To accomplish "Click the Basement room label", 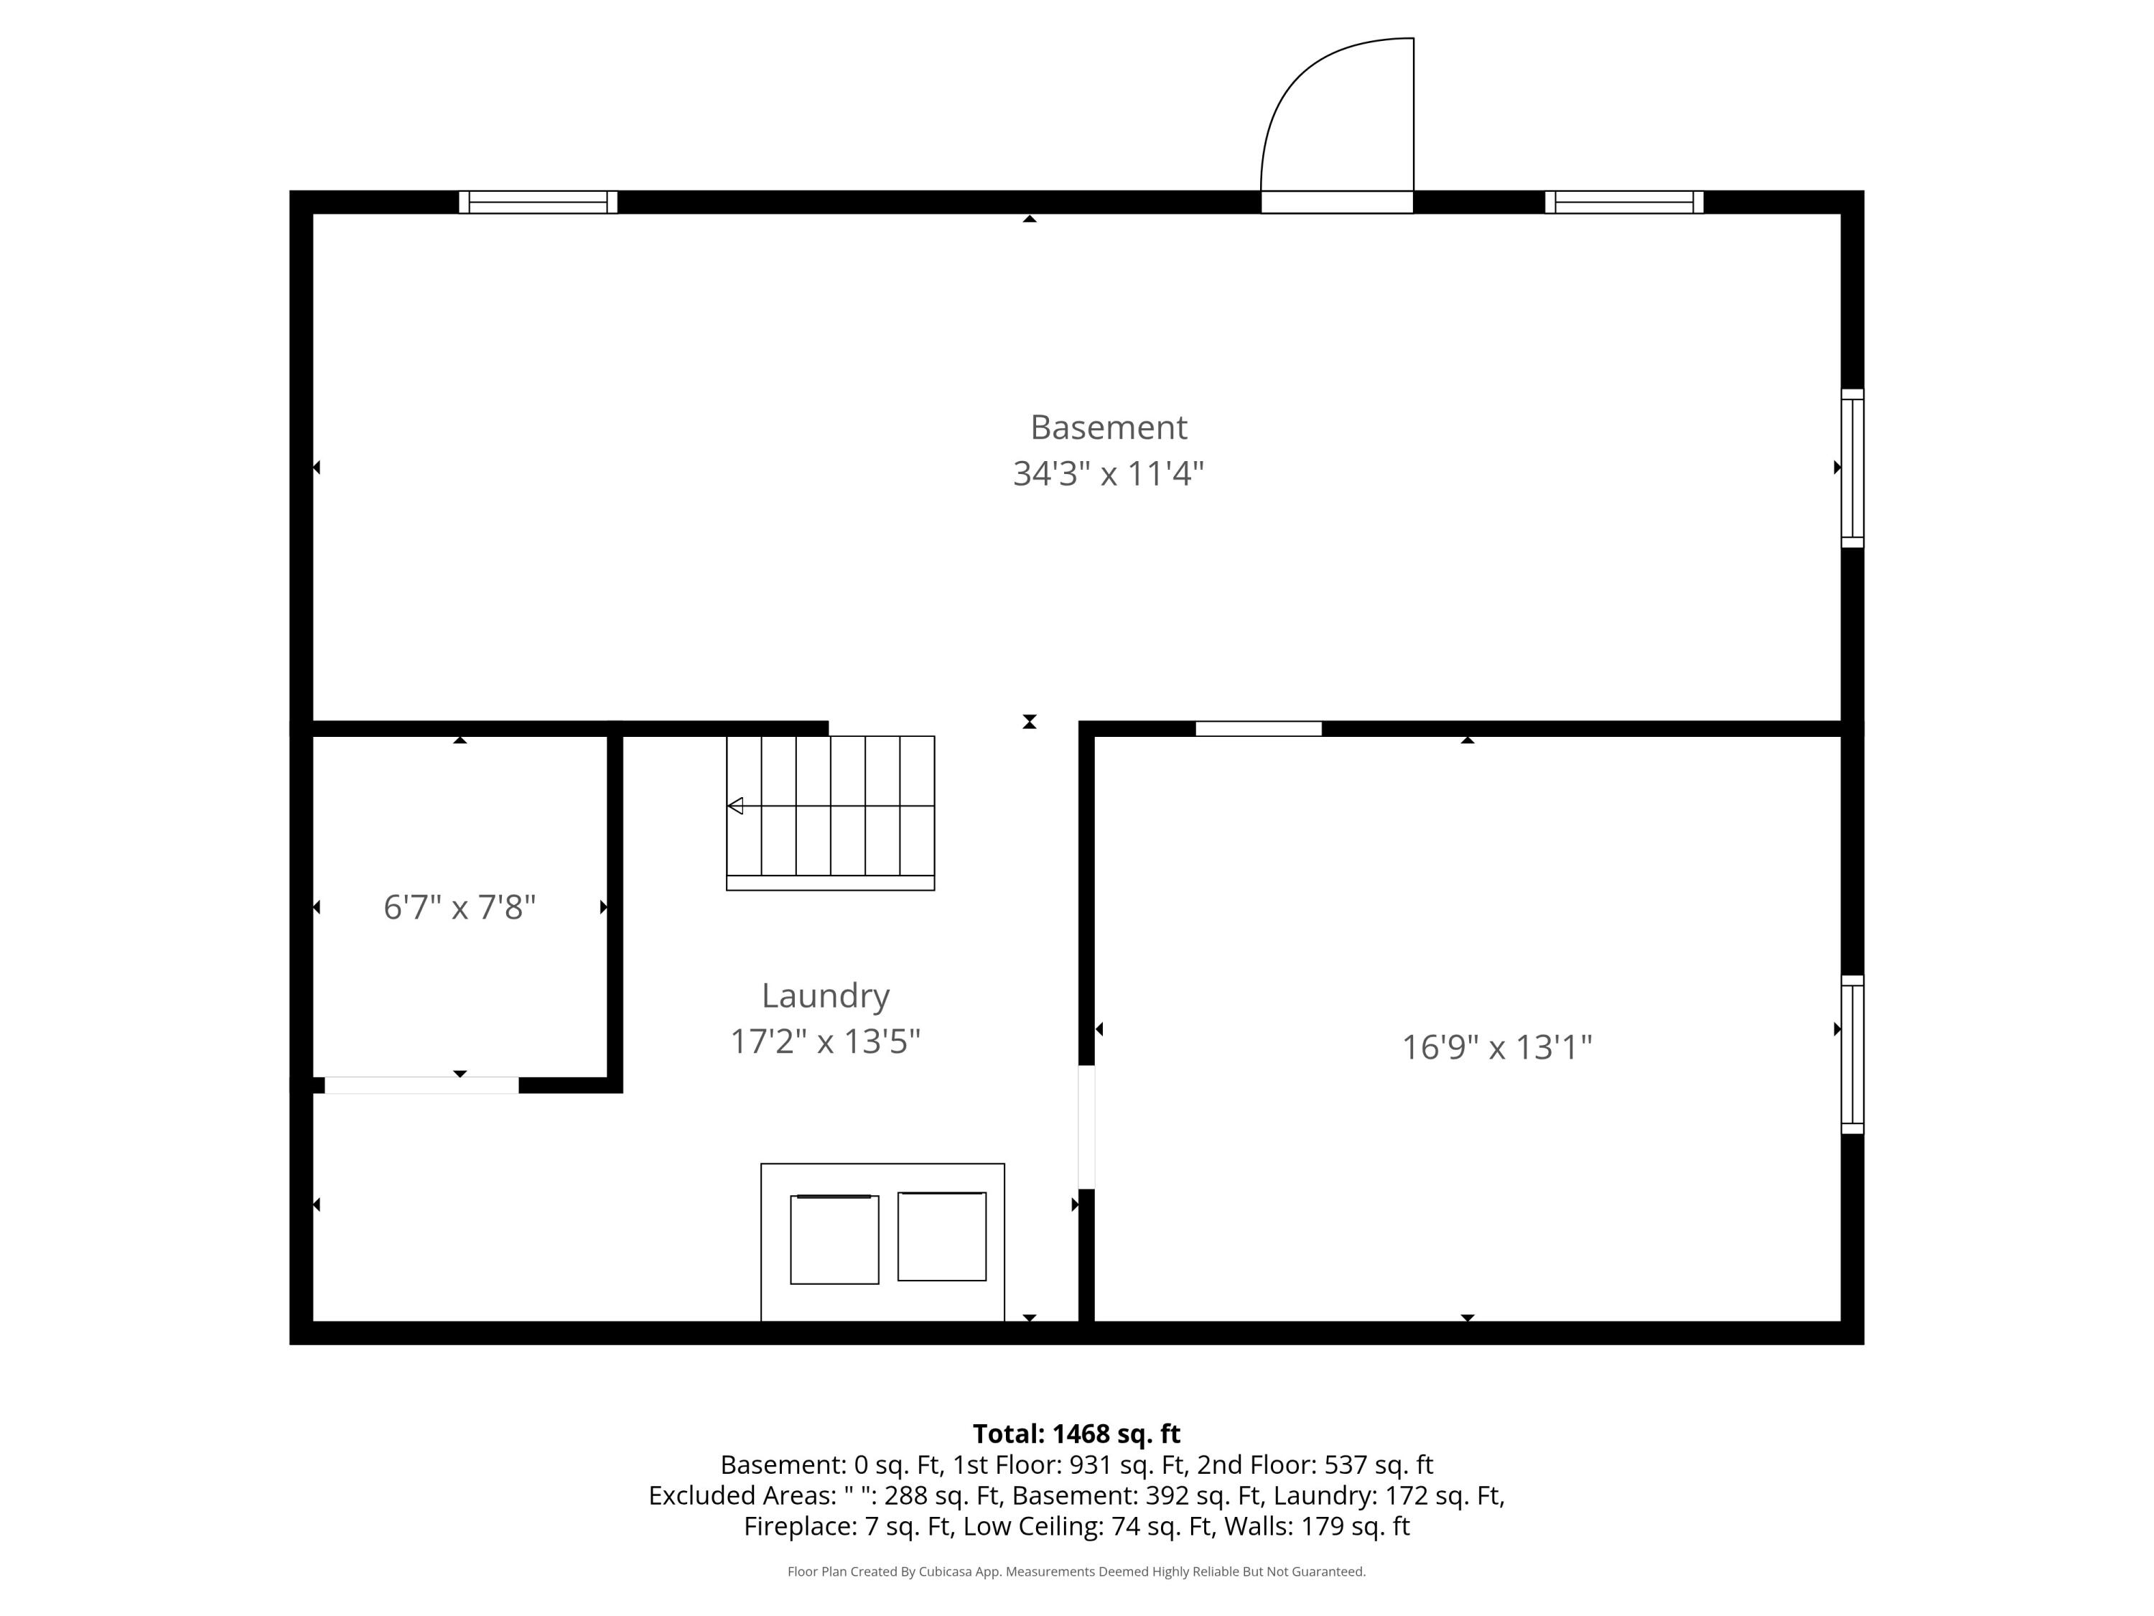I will click(x=1108, y=427).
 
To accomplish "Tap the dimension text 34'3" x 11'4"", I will click(x=1108, y=474).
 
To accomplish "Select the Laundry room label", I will click(x=825, y=995).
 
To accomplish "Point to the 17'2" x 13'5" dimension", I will click(x=825, y=1041).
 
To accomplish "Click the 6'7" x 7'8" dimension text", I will click(x=460, y=907).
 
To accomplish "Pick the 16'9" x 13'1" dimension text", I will click(x=1496, y=1047).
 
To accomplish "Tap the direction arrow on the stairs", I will click(x=736, y=806).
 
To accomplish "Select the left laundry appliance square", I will click(x=834, y=1239).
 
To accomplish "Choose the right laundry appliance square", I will click(x=941, y=1236).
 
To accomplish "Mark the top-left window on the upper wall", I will click(x=538, y=202).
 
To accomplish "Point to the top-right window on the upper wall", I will click(x=1623, y=202).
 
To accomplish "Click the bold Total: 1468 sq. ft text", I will click(x=1076, y=1434).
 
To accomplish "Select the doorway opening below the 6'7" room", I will click(x=421, y=1085).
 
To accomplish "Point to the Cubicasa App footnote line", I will click(x=1076, y=1571).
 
